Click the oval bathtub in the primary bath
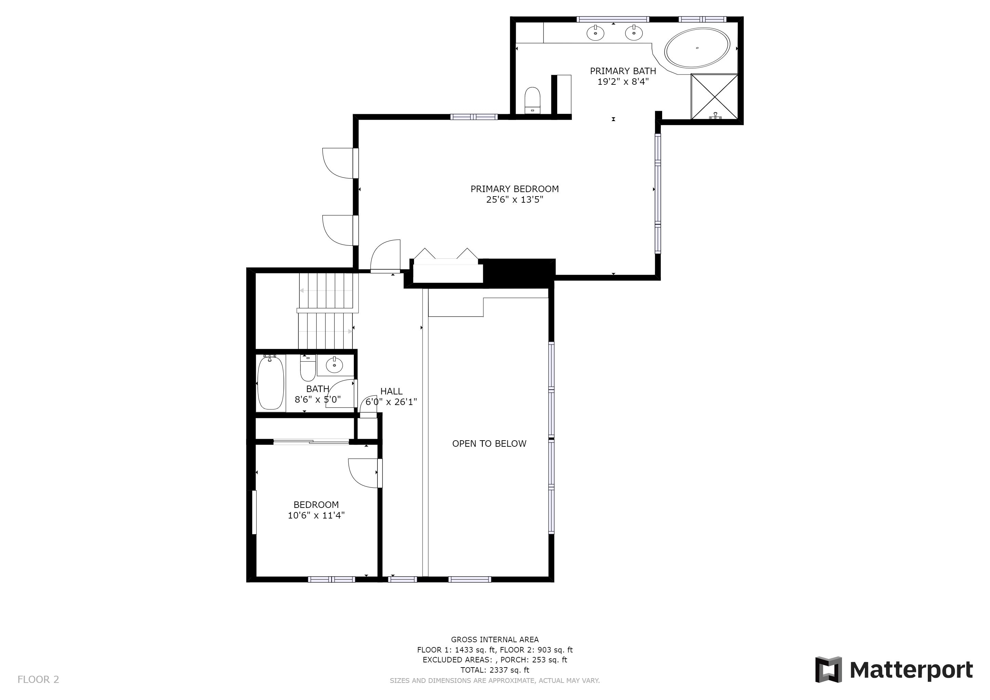pyautogui.click(x=697, y=48)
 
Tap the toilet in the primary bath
pyautogui.click(x=533, y=100)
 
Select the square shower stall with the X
pyautogui.click(x=714, y=96)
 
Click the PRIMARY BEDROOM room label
pyautogui.click(x=514, y=189)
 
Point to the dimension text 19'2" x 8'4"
pyautogui.click(x=623, y=81)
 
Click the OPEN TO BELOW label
pyautogui.click(x=489, y=444)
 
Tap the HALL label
pyautogui.click(x=391, y=391)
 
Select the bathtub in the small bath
pyautogui.click(x=271, y=382)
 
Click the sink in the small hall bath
pyautogui.click(x=334, y=365)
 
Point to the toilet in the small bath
pyautogui.click(x=308, y=368)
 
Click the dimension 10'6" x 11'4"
pyautogui.click(x=316, y=515)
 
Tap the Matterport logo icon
pyautogui.click(x=828, y=669)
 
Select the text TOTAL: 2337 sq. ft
pyautogui.click(x=495, y=670)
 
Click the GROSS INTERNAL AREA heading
pyautogui.click(x=495, y=640)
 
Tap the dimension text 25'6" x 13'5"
pyautogui.click(x=514, y=200)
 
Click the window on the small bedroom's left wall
pyautogui.click(x=254, y=512)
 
